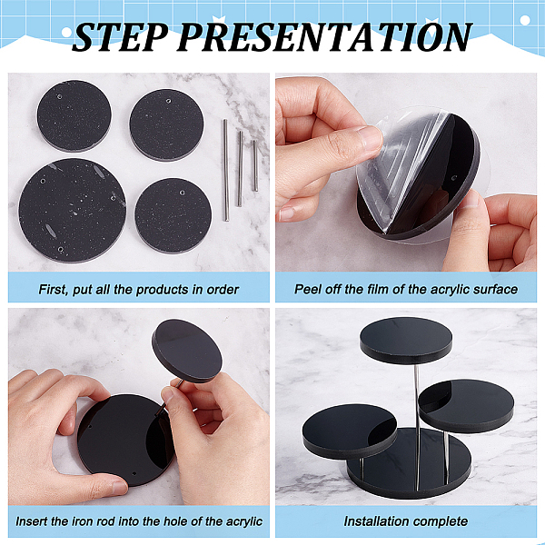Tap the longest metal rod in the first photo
pos(226,170)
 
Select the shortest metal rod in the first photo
pos(255,166)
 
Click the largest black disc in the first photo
pos(73,211)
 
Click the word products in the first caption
pos(163,290)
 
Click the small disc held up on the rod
pos(187,351)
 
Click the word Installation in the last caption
pos(376,521)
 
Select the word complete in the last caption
pos(441,522)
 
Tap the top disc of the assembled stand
pos(406,340)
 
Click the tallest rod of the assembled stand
pos(417,427)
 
